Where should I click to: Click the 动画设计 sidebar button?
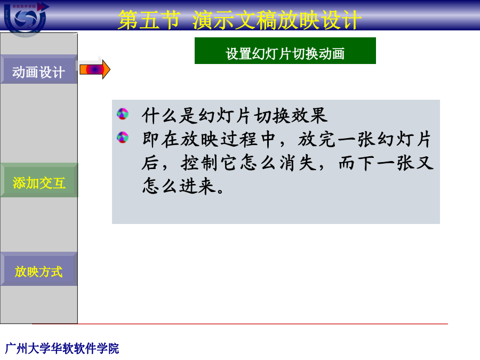coord(39,69)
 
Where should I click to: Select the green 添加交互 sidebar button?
coord(39,180)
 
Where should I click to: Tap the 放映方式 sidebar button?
coord(39,269)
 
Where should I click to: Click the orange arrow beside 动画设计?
coord(94,69)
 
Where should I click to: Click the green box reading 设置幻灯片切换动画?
coord(285,51)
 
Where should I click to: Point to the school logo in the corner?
coord(25,18)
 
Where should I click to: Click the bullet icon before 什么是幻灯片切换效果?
coord(123,114)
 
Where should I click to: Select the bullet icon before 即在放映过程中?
coord(123,138)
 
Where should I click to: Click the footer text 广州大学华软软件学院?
coord(62,348)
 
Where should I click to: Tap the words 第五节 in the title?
coord(149,20)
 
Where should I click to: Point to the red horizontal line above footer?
coord(239,324)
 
